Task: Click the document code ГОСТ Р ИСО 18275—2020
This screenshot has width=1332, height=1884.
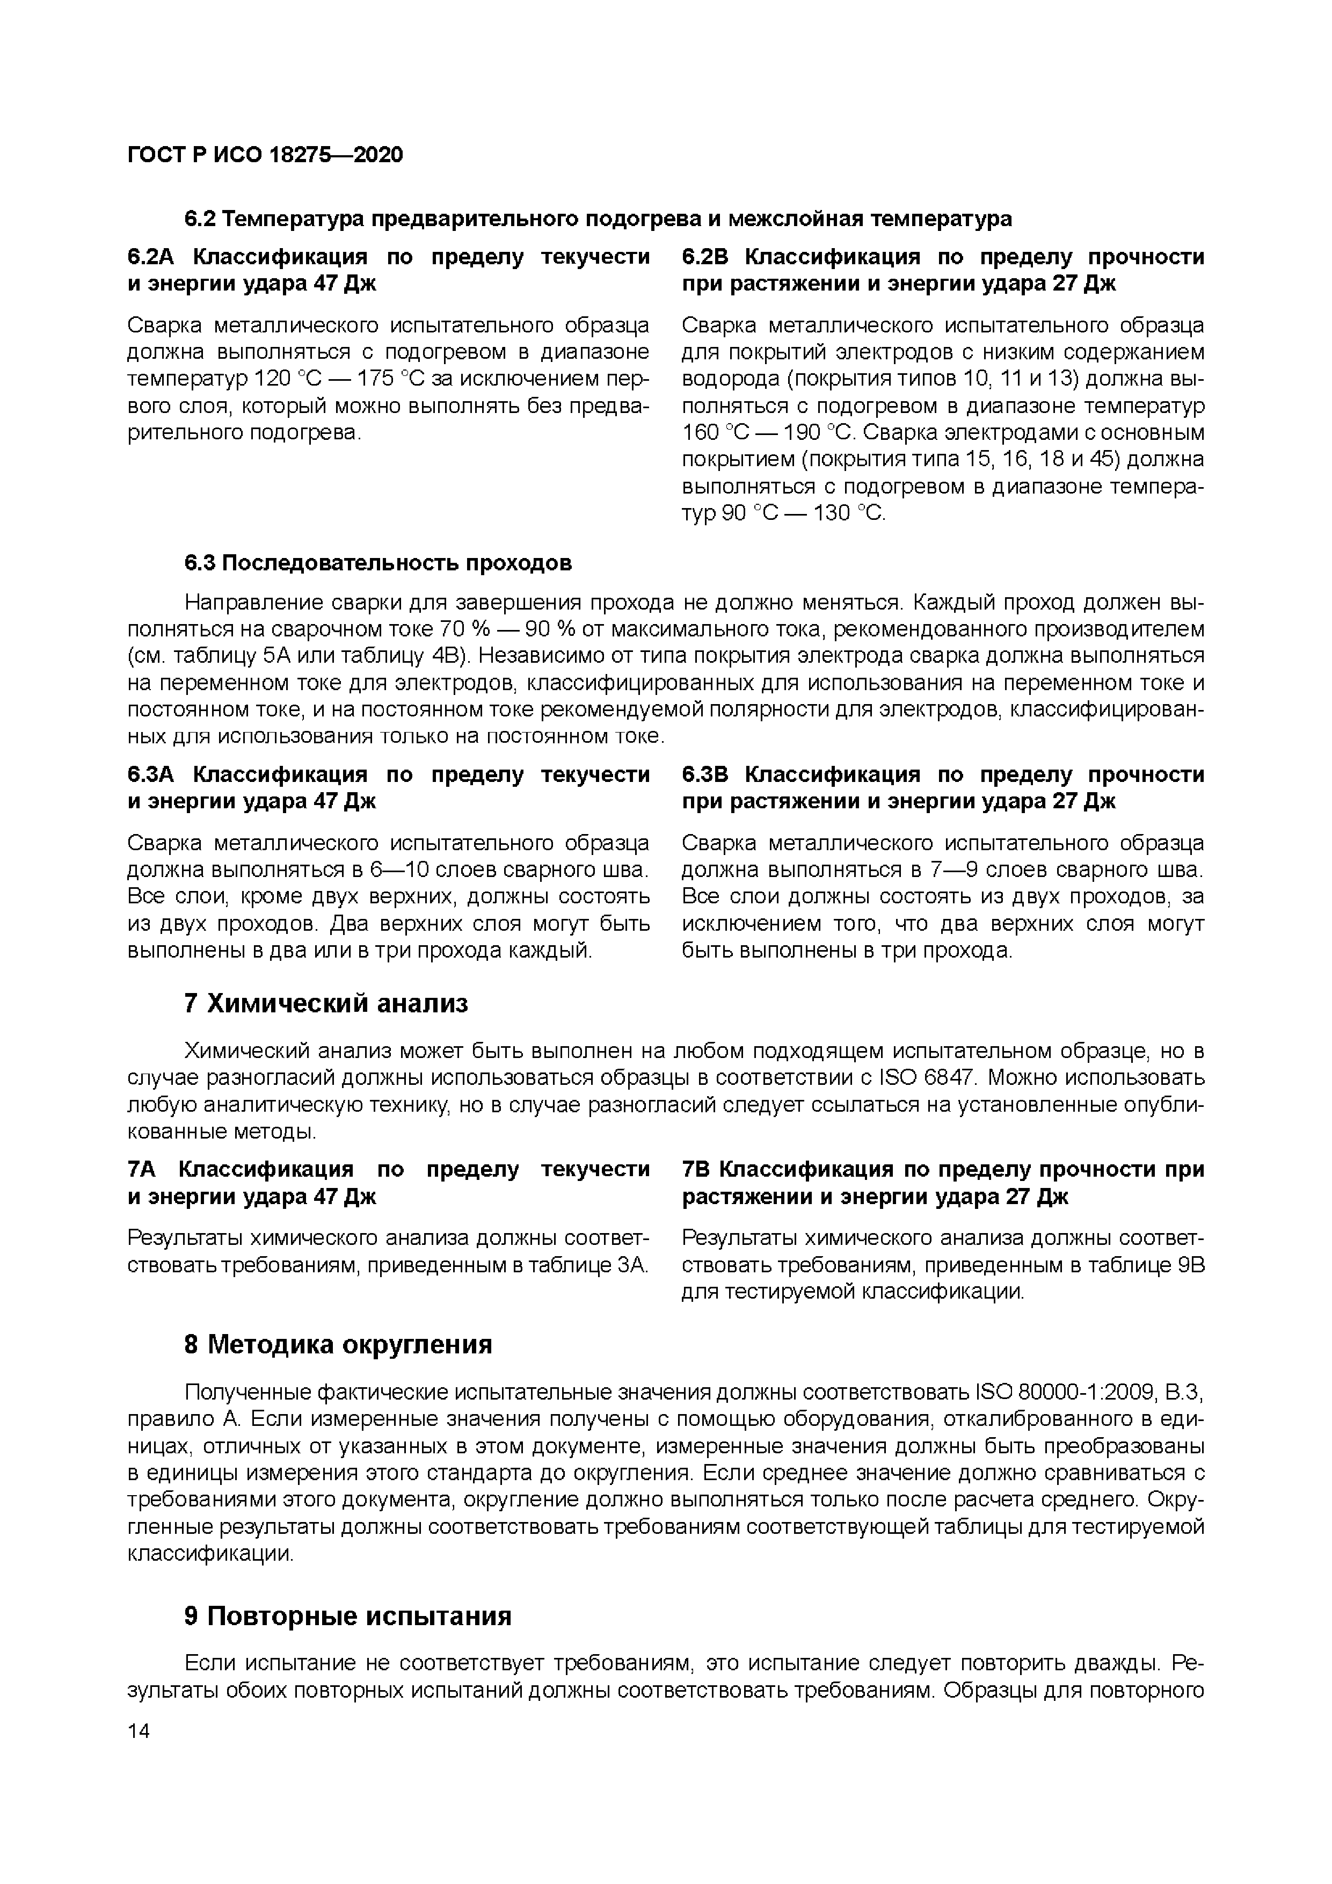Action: coord(265,155)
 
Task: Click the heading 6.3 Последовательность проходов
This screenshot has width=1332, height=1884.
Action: coord(377,563)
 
